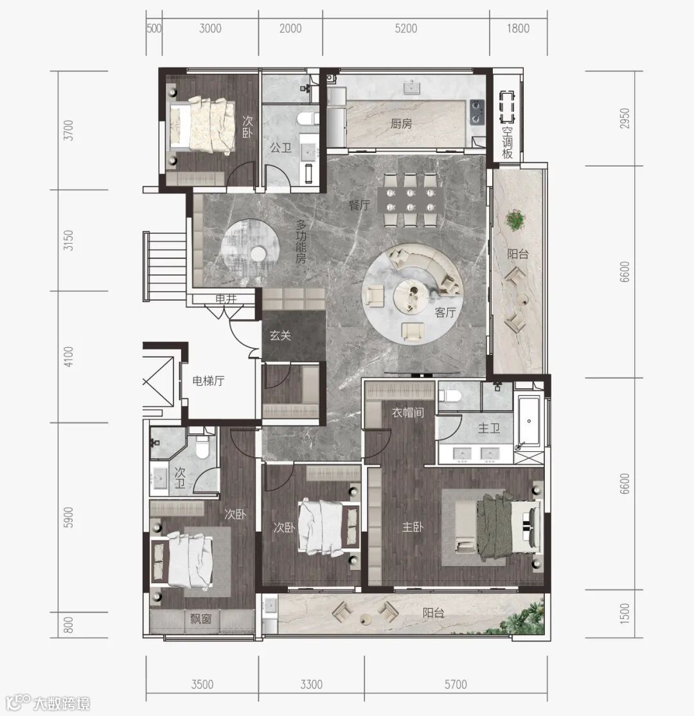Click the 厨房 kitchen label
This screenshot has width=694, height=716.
pyautogui.click(x=402, y=124)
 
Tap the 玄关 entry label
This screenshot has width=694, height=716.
pyautogui.click(x=280, y=336)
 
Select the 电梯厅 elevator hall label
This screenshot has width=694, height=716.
pyautogui.click(x=208, y=380)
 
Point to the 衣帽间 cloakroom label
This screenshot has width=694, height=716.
pyautogui.click(x=407, y=413)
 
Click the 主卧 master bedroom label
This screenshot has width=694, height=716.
pyautogui.click(x=413, y=528)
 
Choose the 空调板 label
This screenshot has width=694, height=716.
pyautogui.click(x=507, y=143)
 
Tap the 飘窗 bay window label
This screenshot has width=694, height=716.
pyautogui.click(x=201, y=619)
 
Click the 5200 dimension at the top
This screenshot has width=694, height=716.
pyautogui.click(x=406, y=28)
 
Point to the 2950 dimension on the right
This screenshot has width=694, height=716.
pyautogui.click(x=625, y=118)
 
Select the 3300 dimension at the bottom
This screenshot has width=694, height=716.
pyautogui.click(x=312, y=685)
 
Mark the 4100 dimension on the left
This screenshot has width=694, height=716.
pyautogui.click(x=69, y=357)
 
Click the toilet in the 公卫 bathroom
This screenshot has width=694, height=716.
pyautogui.click(x=307, y=119)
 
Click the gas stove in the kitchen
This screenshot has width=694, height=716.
pyautogui.click(x=477, y=112)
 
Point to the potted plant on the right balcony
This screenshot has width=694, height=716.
pyautogui.click(x=515, y=220)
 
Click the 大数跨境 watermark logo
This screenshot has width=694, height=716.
pyautogui.click(x=48, y=703)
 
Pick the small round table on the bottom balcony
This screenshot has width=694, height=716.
pyautogui.click(x=365, y=619)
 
